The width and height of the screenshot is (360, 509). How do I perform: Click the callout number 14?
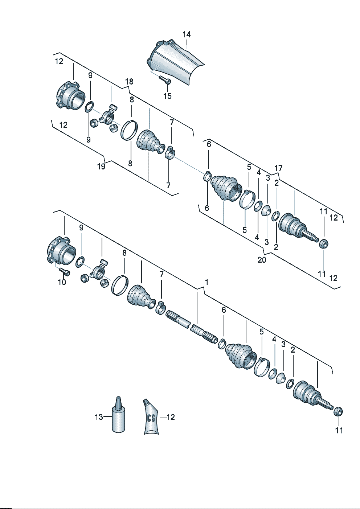click(187, 34)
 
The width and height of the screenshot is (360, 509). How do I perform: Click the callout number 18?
click(129, 82)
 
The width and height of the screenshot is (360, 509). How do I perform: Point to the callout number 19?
click(101, 167)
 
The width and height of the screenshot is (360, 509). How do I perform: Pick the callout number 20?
click(262, 260)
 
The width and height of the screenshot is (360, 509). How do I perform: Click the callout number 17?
click(278, 168)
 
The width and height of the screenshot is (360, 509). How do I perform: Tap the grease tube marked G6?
click(151, 416)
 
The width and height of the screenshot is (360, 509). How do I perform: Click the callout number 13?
click(99, 417)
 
